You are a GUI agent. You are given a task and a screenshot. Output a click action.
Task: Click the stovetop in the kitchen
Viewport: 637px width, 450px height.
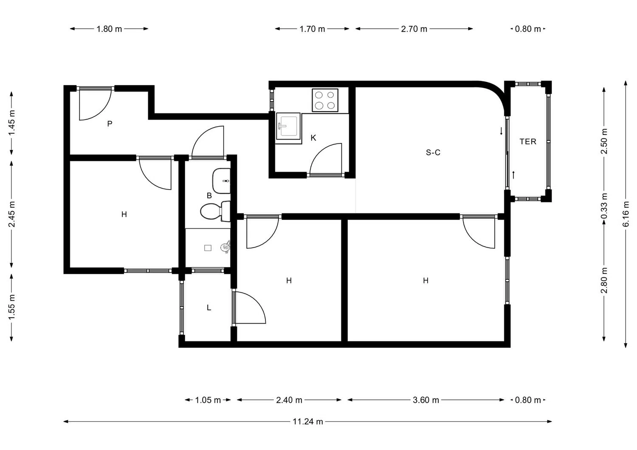pos(325,100)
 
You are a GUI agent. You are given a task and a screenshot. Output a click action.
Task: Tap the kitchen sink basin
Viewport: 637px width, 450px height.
pos(288,126)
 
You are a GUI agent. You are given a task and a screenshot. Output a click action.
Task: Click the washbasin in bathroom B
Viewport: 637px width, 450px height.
pos(221,181)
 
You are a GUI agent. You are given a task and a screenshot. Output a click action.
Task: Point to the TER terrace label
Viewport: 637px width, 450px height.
pos(528,142)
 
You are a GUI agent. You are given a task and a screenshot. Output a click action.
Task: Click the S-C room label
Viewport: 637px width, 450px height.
pos(433,153)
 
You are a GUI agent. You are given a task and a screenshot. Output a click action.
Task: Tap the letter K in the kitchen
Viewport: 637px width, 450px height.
pos(313,138)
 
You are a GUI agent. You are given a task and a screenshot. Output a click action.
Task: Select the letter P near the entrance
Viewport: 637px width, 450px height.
pos(110,123)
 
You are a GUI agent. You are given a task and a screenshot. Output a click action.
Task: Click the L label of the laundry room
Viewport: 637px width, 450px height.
pos(209,307)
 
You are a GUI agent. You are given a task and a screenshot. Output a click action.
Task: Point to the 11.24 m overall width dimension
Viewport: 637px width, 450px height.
pos(308,422)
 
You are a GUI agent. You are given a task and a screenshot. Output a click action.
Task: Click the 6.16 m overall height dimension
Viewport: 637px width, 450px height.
pos(626,214)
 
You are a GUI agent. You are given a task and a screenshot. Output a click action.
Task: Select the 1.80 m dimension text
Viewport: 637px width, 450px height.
pos(109,29)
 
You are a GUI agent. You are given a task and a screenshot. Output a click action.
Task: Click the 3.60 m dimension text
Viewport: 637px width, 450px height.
pos(426,400)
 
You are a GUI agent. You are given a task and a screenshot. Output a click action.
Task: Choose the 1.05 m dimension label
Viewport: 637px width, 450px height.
pos(208,400)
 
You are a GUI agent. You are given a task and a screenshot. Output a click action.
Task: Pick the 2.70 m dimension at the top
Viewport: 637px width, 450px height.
pos(414,29)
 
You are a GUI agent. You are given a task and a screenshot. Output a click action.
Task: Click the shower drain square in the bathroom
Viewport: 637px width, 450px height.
pos(208,248)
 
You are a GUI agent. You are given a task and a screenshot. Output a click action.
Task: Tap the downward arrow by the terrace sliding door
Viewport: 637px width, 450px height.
pos(501,131)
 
